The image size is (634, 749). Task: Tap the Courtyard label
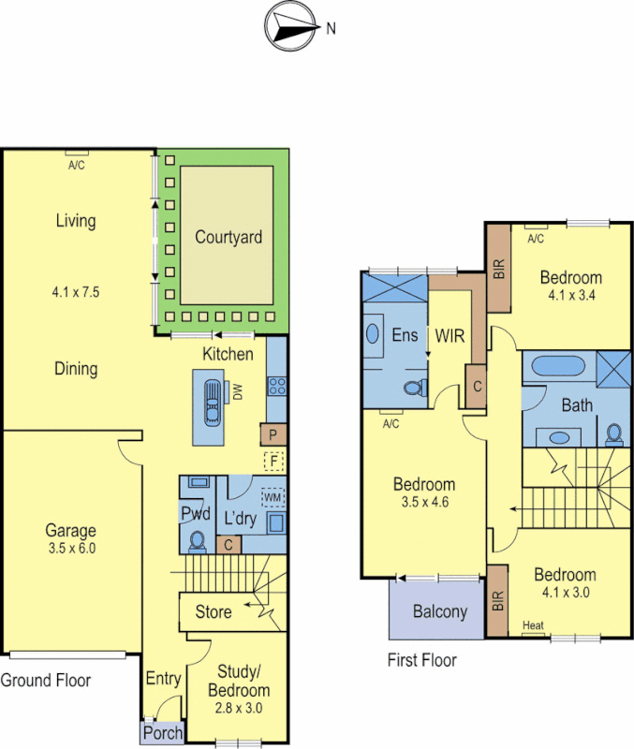click(229, 238)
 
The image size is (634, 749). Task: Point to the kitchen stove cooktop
click(277, 386)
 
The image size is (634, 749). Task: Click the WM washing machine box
click(273, 496)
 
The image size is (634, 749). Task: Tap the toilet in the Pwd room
click(198, 541)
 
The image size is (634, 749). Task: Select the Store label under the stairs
click(214, 612)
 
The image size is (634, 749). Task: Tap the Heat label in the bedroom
click(534, 626)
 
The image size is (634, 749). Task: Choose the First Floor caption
click(422, 661)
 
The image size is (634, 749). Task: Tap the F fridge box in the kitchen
click(274, 461)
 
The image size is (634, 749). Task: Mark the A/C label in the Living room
click(76, 166)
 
